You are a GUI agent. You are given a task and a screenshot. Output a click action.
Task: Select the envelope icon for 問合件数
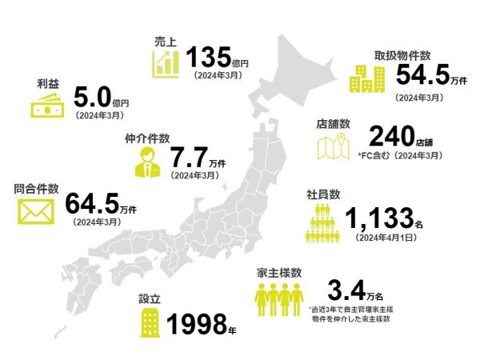point(34,213)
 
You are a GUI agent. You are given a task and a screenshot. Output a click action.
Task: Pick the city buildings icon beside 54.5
point(367,78)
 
